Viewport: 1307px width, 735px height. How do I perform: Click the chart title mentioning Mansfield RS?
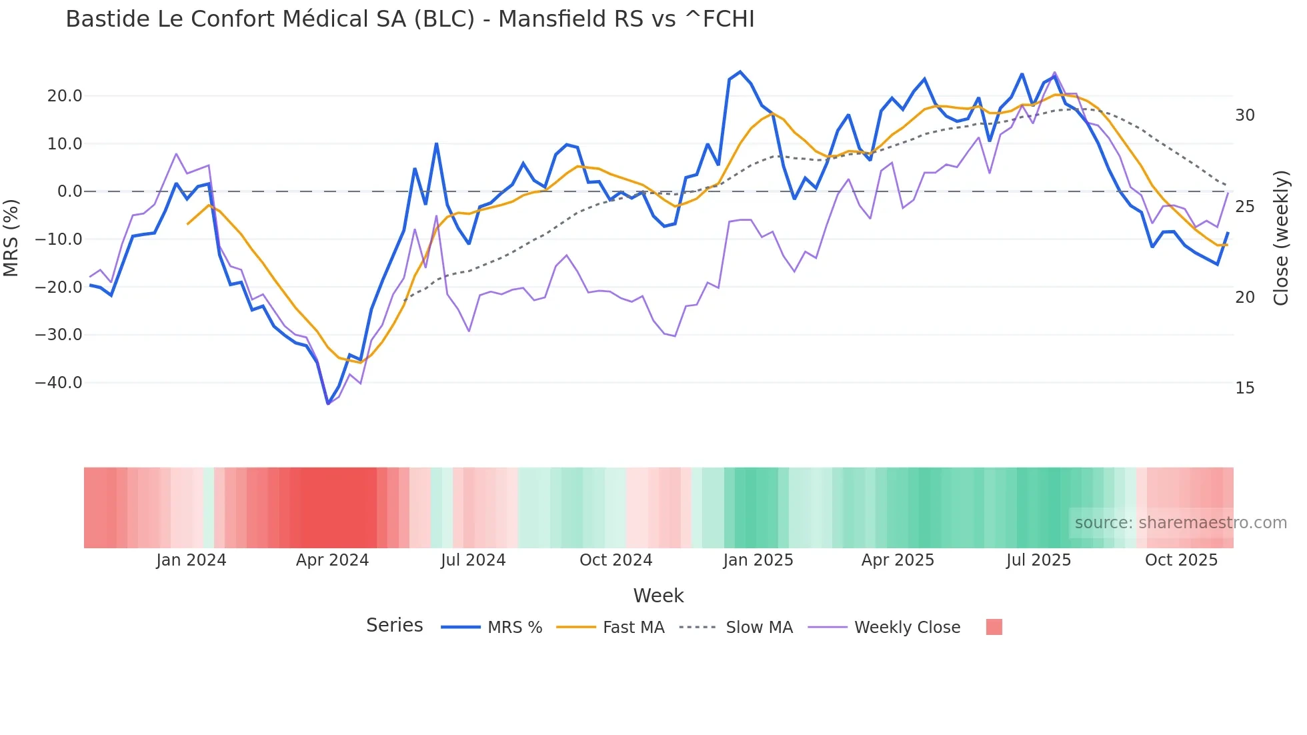pos(409,19)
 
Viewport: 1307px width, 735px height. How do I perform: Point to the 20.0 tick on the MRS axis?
pos(65,96)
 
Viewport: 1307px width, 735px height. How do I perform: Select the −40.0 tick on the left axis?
pos(59,383)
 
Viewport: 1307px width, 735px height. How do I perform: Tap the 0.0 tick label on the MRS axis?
pos(69,191)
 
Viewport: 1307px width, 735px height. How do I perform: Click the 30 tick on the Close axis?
pos(1244,115)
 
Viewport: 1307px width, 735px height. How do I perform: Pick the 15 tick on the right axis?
pos(1244,388)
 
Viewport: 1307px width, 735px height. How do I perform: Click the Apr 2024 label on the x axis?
pos(332,560)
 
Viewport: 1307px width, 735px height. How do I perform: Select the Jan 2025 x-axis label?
pos(758,560)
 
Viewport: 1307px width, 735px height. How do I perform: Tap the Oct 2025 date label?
pos(1181,560)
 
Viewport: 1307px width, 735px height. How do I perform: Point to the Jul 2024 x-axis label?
pos(473,560)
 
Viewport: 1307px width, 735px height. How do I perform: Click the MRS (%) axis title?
pos(11,238)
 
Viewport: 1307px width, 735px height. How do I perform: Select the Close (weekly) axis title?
pos(1281,238)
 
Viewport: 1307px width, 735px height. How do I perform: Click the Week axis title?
pos(658,596)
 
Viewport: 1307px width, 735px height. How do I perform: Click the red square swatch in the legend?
pos(994,627)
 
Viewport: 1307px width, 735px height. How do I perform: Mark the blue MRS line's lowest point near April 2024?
pos(327,404)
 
